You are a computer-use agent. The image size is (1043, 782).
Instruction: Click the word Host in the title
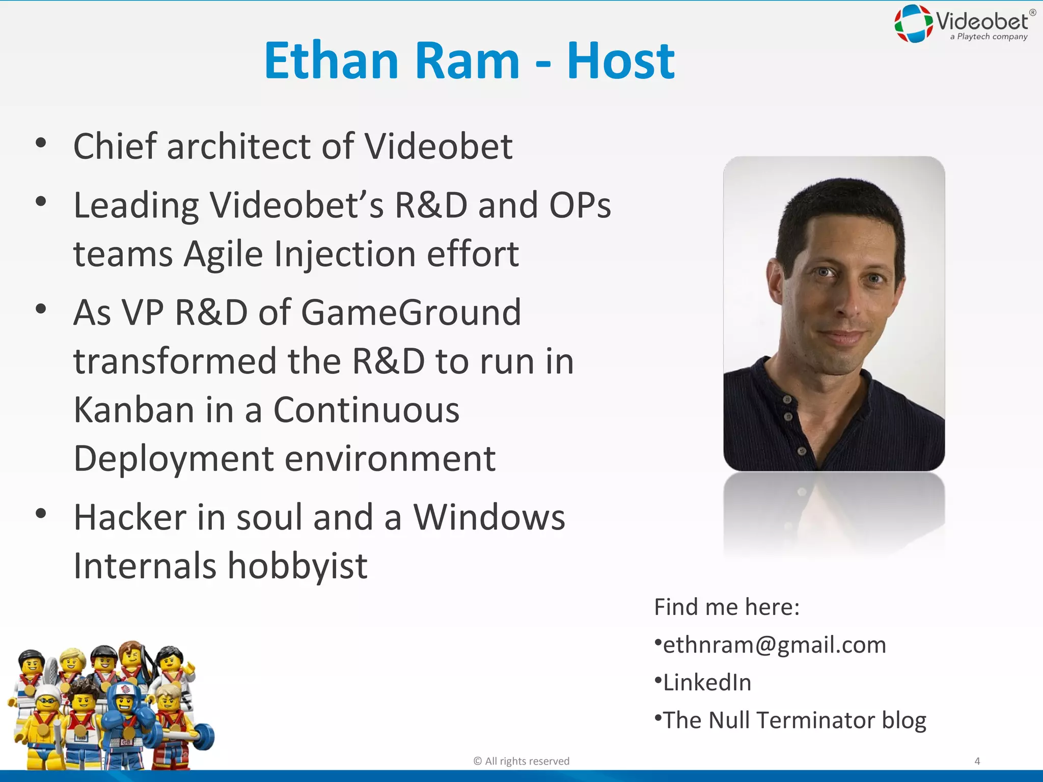[x=621, y=61]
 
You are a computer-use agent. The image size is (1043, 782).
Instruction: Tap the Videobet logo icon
[x=914, y=23]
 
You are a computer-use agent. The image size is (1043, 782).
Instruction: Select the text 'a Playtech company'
[x=989, y=37]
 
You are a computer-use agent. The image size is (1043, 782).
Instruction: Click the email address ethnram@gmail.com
[x=774, y=645]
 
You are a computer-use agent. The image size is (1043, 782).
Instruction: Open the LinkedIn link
[x=707, y=683]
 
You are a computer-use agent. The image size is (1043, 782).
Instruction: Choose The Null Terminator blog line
[x=794, y=720]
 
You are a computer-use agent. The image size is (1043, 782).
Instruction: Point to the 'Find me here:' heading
[x=727, y=607]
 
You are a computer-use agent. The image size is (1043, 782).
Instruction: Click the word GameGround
[x=411, y=312]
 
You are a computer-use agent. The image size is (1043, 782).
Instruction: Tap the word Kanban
[x=134, y=410]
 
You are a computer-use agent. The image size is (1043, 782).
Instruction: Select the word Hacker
[x=130, y=517]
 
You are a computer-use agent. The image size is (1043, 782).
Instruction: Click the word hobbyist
[x=297, y=566]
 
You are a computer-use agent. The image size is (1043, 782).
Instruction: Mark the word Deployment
[x=174, y=459]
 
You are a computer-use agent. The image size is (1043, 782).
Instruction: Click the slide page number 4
[x=977, y=761]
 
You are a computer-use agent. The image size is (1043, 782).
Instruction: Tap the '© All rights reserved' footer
[x=521, y=761]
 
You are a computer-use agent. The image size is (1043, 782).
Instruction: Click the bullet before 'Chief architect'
[x=41, y=143]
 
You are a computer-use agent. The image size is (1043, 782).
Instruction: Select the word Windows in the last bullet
[x=489, y=517]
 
